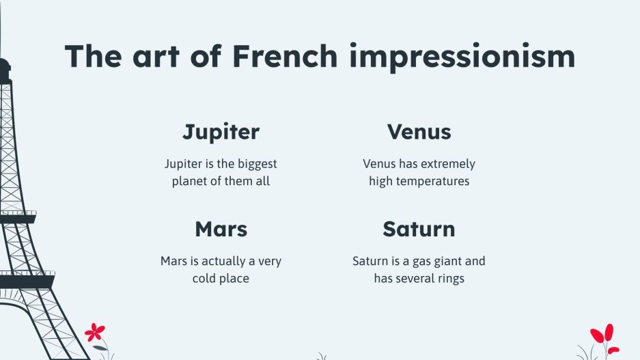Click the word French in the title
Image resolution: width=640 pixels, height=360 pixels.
point(284,56)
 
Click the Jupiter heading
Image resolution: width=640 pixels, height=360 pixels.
point(221,131)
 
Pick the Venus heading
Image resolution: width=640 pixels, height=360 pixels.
point(419,131)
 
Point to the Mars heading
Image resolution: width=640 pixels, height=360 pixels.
point(221,229)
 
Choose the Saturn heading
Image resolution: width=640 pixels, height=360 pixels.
point(419,229)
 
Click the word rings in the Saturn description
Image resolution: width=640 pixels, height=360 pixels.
point(447,279)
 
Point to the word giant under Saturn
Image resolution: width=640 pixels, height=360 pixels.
point(443,262)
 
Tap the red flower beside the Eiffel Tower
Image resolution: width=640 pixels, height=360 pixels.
point(95,333)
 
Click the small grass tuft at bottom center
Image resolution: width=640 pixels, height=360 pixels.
point(321,356)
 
